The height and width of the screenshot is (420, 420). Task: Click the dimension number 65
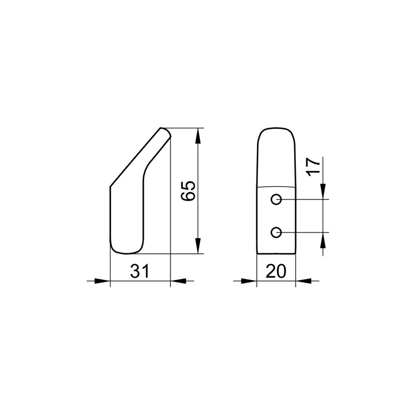point(188,191)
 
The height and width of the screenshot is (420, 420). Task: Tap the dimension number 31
point(140,271)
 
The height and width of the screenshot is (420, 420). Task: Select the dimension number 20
point(276,271)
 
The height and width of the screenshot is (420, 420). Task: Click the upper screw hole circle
point(276,199)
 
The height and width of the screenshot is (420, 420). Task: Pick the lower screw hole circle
point(276,232)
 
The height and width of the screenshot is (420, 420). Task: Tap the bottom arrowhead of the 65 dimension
point(198,246)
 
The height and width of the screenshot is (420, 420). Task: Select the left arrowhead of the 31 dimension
point(102,281)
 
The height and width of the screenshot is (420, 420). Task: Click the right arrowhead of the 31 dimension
point(178,281)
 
